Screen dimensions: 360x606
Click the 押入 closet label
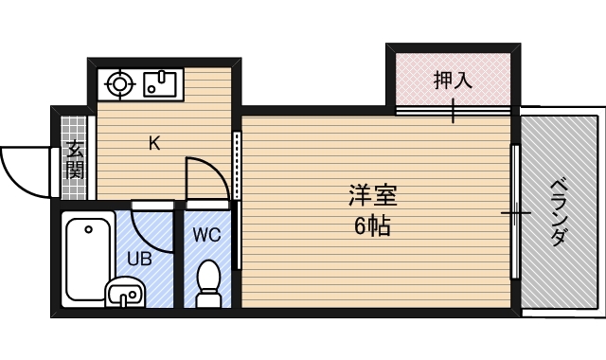453,81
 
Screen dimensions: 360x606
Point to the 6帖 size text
372,227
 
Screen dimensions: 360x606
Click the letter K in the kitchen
153,144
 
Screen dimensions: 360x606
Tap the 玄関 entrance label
76,158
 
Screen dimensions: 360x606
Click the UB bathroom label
139,257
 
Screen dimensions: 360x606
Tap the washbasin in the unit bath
124,293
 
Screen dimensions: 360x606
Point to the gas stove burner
121,83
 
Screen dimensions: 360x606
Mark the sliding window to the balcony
515,212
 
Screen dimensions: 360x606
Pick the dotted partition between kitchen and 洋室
237,165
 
